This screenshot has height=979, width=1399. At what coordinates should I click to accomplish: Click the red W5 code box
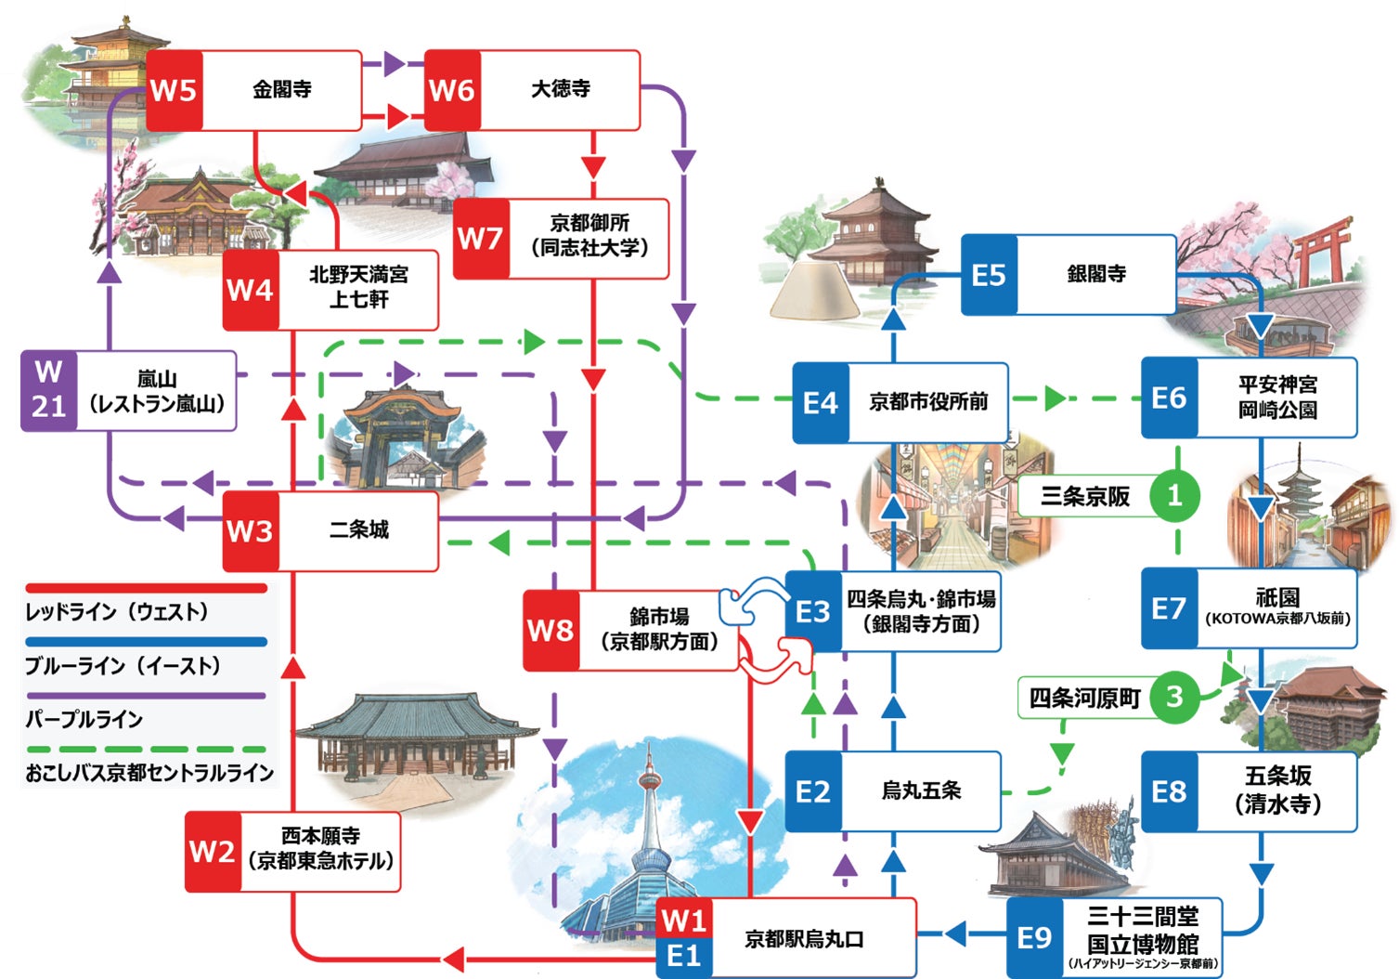click(174, 90)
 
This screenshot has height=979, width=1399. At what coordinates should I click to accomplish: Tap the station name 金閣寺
click(281, 89)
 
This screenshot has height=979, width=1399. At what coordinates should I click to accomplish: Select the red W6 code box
click(452, 90)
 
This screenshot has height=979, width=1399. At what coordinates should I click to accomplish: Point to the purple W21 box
click(48, 390)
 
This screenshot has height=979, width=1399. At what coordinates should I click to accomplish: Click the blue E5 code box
click(989, 275)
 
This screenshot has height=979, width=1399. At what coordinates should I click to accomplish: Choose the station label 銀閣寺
click(1096, 274)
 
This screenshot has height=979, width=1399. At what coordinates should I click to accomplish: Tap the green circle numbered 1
click(1174, 495)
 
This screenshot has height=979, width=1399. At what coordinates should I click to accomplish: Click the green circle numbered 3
click(1174, 697)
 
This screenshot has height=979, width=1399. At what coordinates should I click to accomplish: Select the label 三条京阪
click(1084, 496)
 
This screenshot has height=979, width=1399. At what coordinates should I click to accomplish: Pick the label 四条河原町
click(1084, 698)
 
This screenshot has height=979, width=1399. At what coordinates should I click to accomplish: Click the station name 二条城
click(358, 530)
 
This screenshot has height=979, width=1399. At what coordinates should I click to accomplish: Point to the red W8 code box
click(551, 630)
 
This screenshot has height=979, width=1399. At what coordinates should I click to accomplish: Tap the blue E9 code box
click(1034, 937)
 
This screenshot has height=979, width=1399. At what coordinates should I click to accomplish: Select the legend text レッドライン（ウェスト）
click(117, 612)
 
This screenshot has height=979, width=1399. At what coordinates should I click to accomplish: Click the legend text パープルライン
click(84, 719)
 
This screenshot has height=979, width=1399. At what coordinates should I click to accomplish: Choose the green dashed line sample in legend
click(146, 749)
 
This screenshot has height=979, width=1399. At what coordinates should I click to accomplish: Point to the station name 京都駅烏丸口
click(804, 939)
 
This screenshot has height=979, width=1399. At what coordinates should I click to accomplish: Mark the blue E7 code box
click(1169, 608)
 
